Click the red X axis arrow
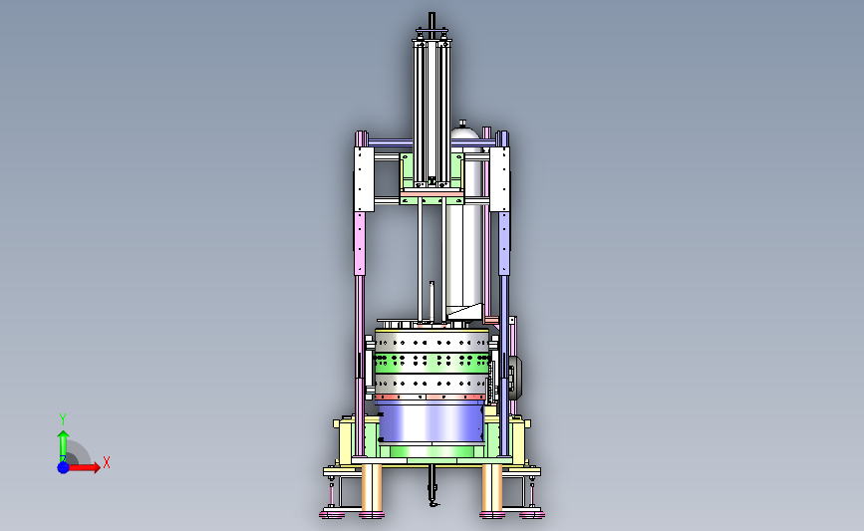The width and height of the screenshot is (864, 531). [83, 467]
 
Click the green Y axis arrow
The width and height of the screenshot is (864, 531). [63, 446]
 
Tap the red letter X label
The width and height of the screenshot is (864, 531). [107, 462]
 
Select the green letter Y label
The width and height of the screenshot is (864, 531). [63, 419]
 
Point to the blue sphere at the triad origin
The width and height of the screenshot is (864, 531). [64, 467]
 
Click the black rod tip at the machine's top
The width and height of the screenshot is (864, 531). [432, 18]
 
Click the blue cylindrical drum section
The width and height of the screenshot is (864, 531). [431, 422]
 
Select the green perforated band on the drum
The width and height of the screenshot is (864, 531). [431, 362]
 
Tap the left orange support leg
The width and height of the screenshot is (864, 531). [372, 488]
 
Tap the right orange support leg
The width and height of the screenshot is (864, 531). [491, 488]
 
